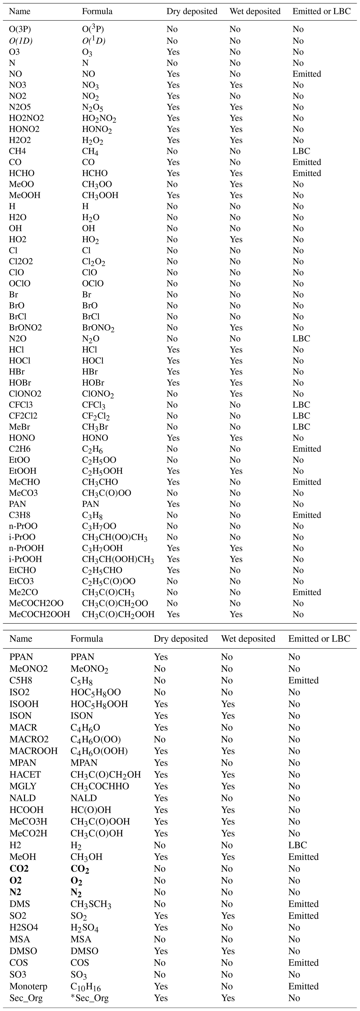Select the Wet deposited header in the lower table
tap(248, 639)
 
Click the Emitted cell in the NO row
tap(307, 74)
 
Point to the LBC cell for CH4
tap(301, 151)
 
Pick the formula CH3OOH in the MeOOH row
tap(100, 195)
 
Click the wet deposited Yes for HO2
tap(236, 239)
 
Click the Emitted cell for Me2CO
tap(307, 592)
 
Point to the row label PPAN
tap(21, 657)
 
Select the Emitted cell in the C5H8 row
tap(303, 680)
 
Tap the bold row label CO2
tap(19, 869)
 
